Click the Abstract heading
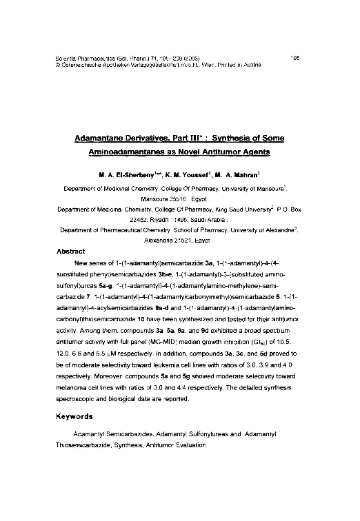point(80,252)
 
